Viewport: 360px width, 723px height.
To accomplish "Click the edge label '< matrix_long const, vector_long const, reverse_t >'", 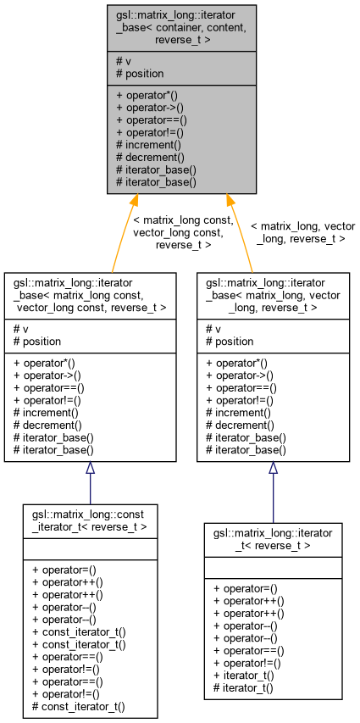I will pyautogui.click(x=184, y=232).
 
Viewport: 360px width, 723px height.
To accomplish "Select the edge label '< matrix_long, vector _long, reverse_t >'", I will pyautogui.click(x=302, y=232).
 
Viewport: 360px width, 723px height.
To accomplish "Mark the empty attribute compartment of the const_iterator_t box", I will pyautogui.click(x=90, y=548).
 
